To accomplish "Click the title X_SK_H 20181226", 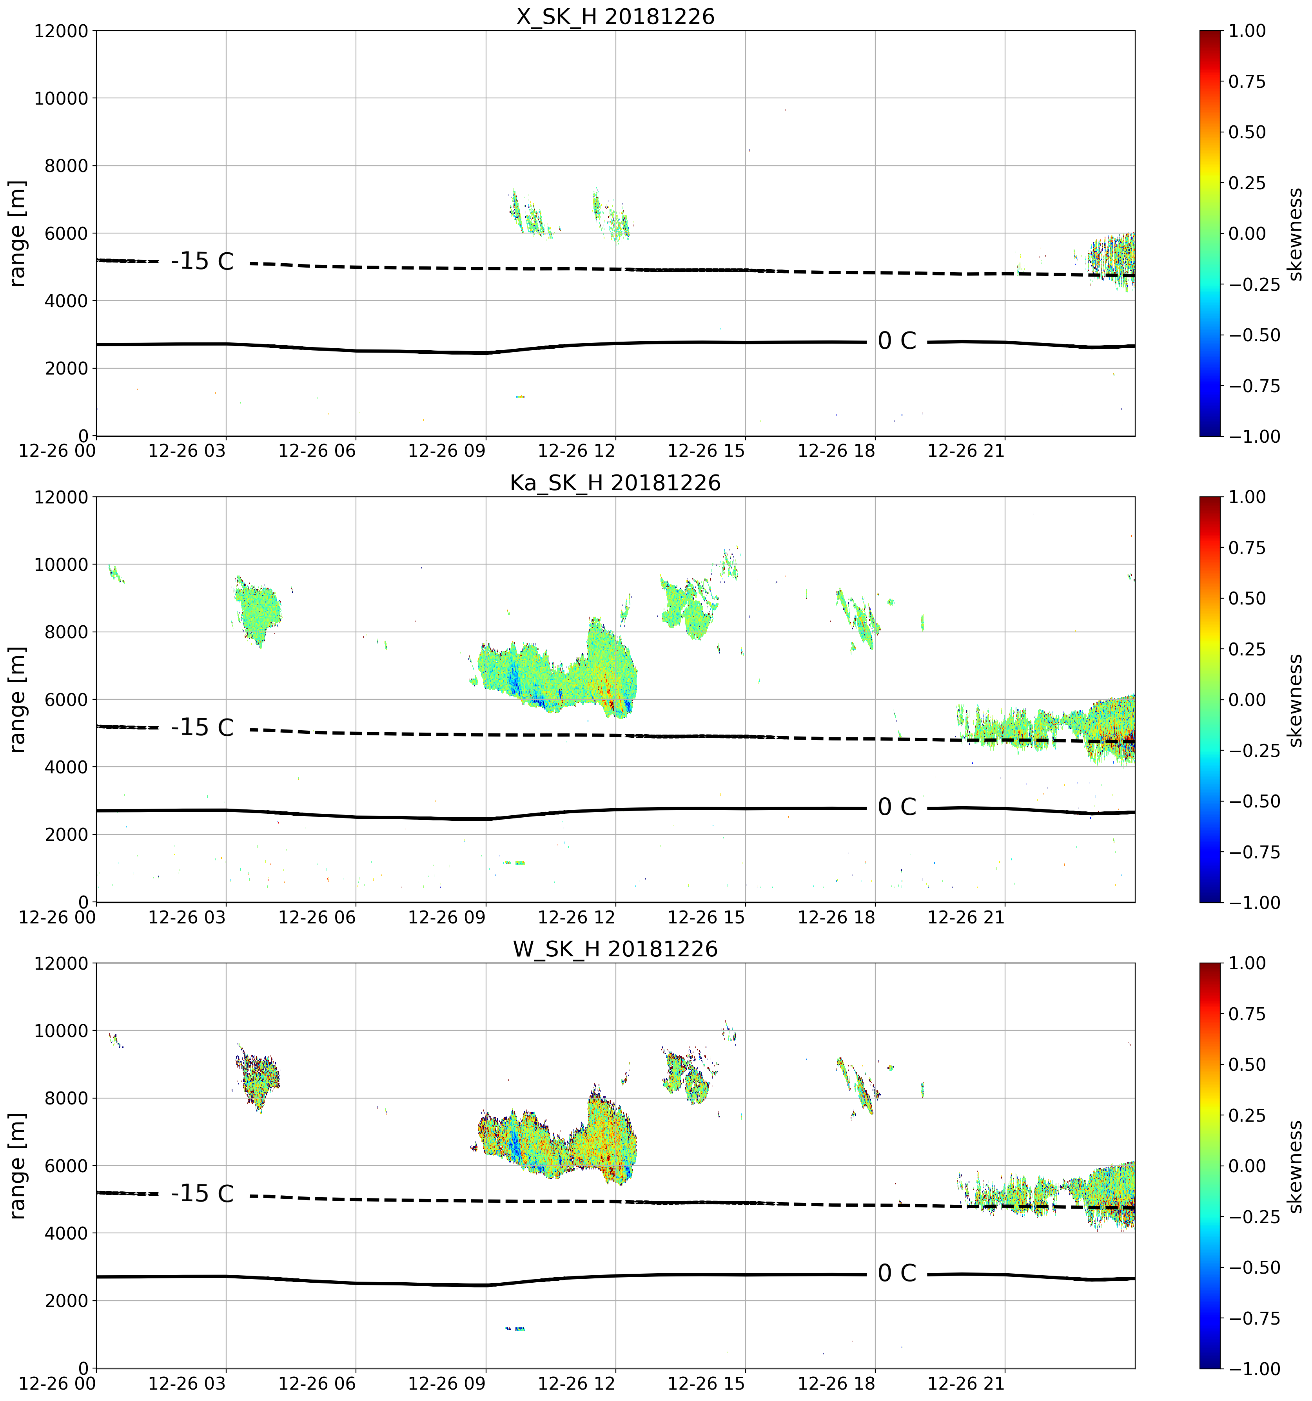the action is [615, 16].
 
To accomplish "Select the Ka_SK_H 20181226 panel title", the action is [615, 483].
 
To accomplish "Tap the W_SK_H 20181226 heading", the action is [615, 949].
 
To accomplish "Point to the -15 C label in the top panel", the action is [202, 261].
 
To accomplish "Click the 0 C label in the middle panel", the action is [897, 807].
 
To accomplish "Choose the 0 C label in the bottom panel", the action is [897, 1273].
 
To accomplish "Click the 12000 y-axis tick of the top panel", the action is [61, 31].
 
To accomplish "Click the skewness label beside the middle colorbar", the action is [1295, 700].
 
